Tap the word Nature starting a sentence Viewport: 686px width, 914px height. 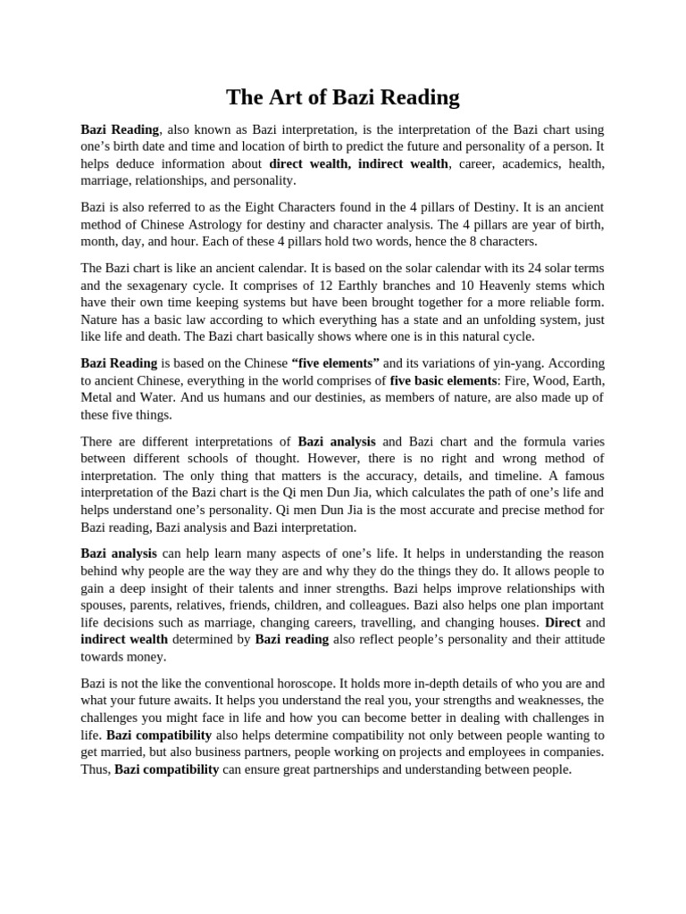coord(102,319)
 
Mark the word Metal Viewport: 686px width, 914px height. coord(98,397)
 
